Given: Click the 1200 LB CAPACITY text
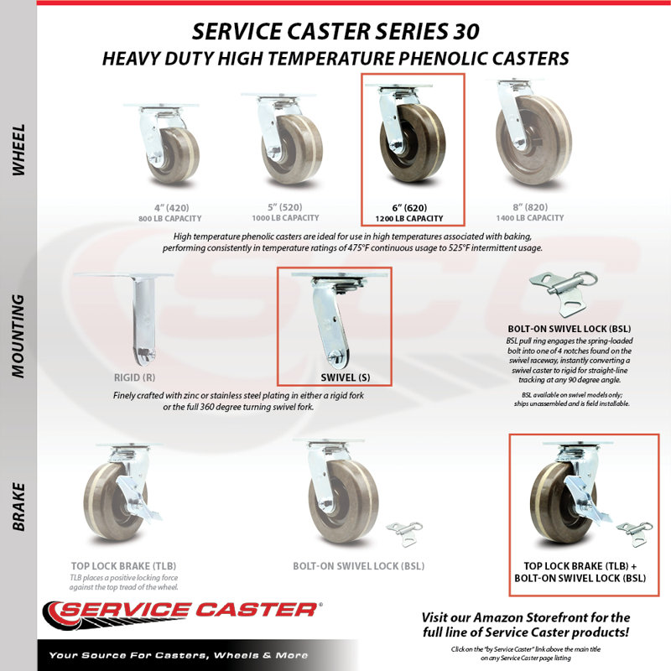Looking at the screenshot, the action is [x=409, y=219].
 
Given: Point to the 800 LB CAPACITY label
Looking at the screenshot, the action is [x=170, y=219].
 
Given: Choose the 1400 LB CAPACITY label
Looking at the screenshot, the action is [x=530, y=218].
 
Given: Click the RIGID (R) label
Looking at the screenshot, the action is [x=134, y=378].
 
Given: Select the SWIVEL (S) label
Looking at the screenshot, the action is [x=346, y=378].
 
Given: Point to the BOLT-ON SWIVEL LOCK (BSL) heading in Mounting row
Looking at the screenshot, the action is [x=570, y=329].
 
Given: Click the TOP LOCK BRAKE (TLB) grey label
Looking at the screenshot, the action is [x=123, y=566].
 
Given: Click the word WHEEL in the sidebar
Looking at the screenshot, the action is [x=18, y=150].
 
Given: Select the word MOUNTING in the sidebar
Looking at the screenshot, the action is [x=18, y=336].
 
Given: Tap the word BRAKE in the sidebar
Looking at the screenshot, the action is [x=18, y=507].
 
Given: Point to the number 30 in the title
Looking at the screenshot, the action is [x=466, y=32].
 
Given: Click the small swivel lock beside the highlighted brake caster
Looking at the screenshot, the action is [x=635, y=533].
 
